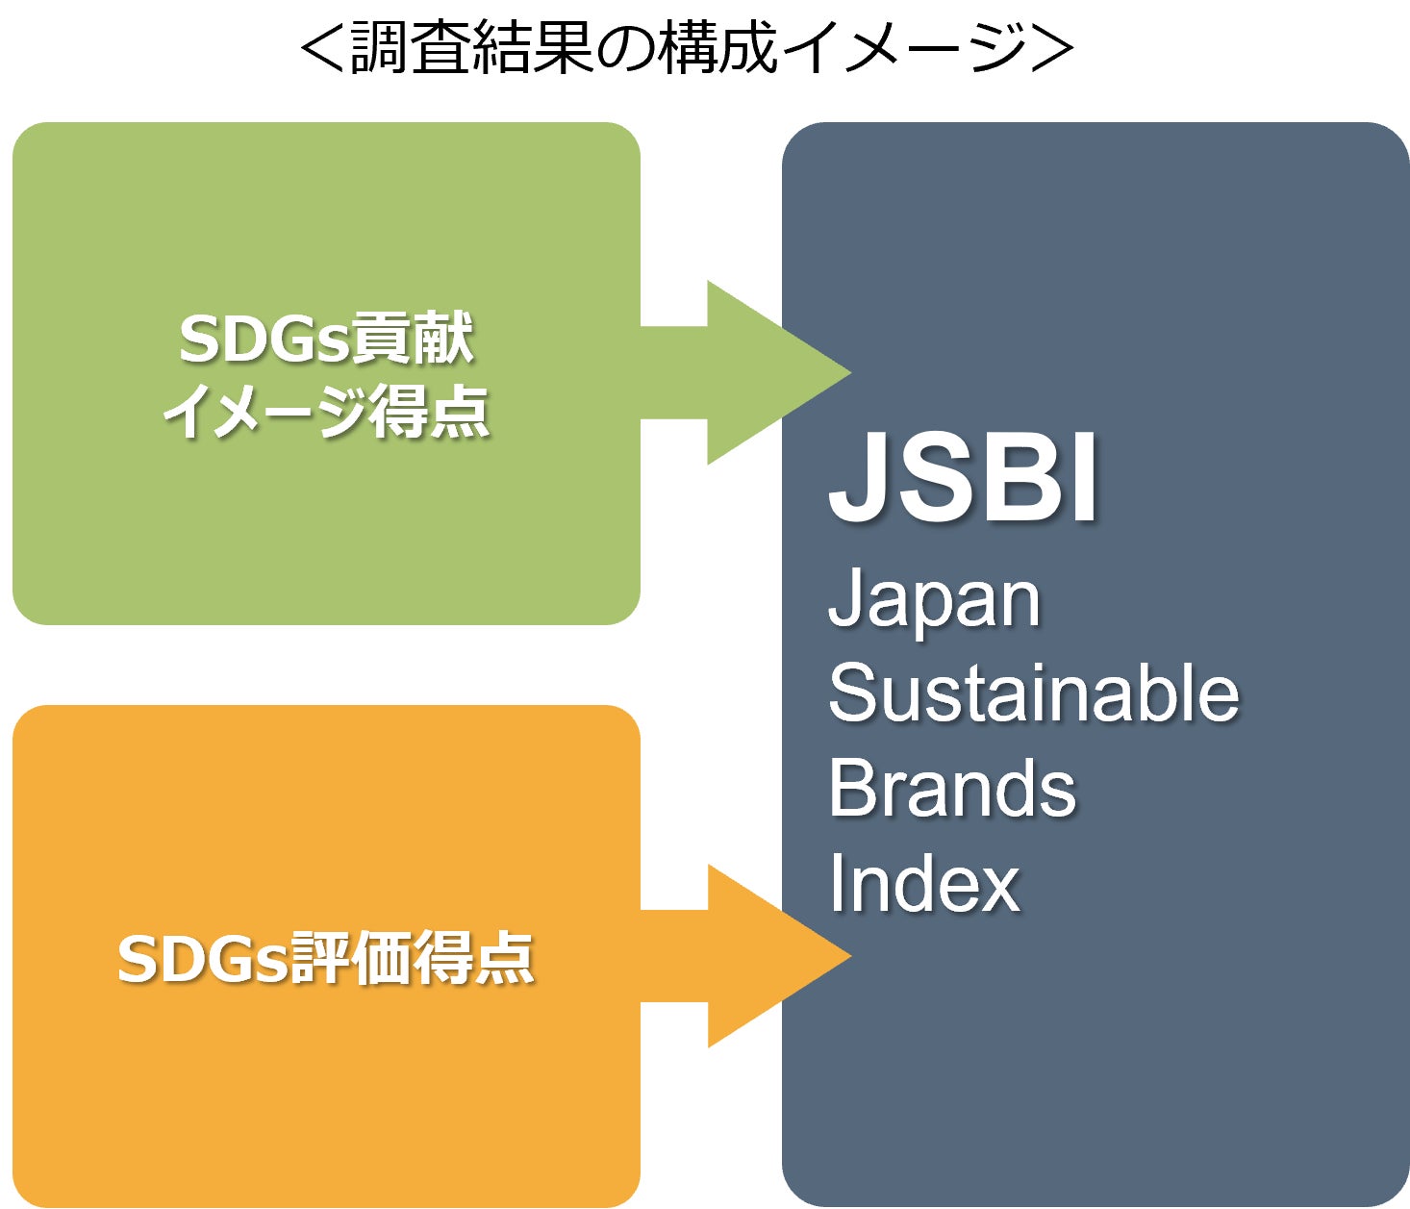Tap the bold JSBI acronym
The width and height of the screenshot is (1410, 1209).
tap(963, 478)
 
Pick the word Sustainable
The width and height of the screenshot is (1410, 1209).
tap(1034, 693)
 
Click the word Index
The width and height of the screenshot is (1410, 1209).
tap(923, 883)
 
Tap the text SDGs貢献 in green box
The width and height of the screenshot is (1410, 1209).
tap(326, 340)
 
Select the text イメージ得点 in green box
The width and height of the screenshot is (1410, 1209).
tap(326, 412)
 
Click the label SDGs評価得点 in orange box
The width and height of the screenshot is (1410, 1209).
tap(325, 959)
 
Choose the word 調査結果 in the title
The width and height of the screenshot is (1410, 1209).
tap(471, 47)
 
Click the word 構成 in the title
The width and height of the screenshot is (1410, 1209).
tap(718, 47)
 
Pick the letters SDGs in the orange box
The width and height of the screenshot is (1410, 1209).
tap(203, 959)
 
